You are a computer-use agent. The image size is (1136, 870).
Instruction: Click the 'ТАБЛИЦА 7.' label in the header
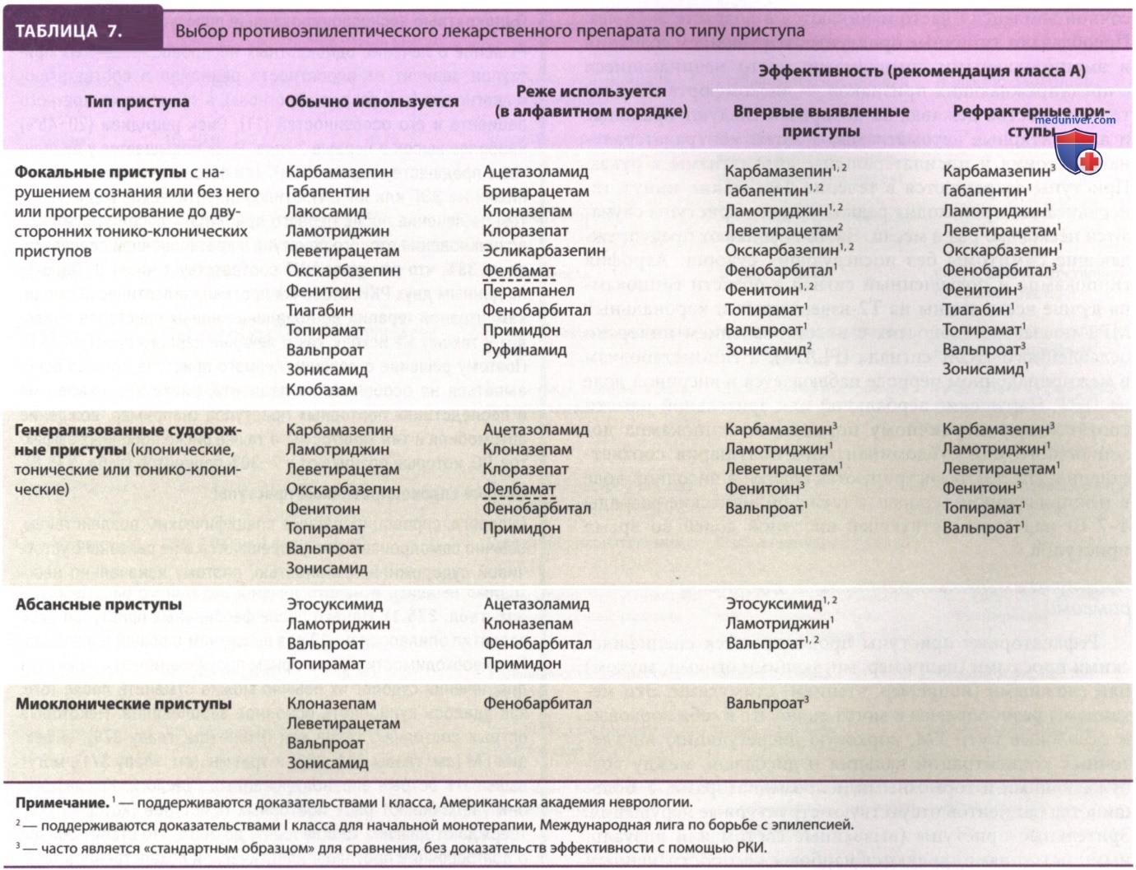pyautogui.click(x=68, y=31)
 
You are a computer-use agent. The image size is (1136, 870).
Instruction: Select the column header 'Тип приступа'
pyautogui.click(x=137, y=102)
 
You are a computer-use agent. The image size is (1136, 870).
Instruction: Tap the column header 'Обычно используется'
pyautogui.click(x=371, y=102)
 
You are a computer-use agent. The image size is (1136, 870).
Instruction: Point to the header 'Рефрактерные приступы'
pyautogui.click(x=1031, y=120)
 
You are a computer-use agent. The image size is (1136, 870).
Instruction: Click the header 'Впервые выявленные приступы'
pyautogui.click(x=821, y=120)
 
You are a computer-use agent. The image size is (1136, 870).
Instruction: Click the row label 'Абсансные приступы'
pyautogui.click(x=99, y=605)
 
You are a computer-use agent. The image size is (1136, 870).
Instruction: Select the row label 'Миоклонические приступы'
pyautogui.click(x=123, y=705)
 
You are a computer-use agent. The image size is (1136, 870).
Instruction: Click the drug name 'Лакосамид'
pyautogui.click(x=326, y=212)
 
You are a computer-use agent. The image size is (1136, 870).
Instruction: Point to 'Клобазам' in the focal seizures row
pyautogui.click(x=322, y=390)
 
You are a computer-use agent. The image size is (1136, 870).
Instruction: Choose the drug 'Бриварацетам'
pyautogui.click(x=536, y=192)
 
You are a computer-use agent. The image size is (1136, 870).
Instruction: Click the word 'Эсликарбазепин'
pyautogui.click(x=543, y=251)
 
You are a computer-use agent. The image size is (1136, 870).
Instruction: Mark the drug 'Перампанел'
pyautogui.click(x=528, y=291)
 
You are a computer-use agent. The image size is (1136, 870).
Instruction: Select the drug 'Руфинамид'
pyautogui.click(x=524, y=350)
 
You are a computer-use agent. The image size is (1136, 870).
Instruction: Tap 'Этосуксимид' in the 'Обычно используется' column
pyautogui.click(x=334, y=605)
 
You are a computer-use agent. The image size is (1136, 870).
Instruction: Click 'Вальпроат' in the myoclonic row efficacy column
pyautogui.click(x=765, y=704)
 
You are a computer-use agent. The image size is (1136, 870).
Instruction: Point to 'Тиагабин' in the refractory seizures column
pyautogui.click(x=976, y=310)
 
